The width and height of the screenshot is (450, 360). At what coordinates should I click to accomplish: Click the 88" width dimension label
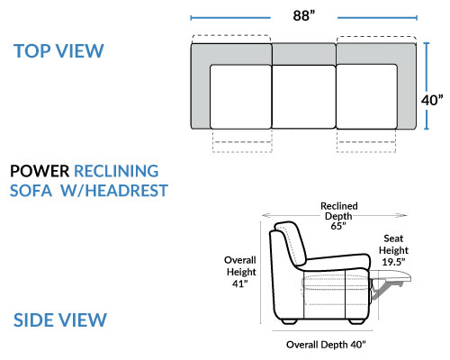click(x=304, y=15)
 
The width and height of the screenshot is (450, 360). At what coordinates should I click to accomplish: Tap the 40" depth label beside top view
click(x=432, y=100)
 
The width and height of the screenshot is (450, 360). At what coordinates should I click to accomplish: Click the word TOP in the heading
click(x=32, y=51)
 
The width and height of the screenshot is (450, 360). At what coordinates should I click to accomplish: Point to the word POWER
click(x=40, y=171)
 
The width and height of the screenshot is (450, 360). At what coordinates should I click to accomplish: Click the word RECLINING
click(x=116, y=171)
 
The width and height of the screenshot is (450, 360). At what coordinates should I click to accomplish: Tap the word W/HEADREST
click(x=114, y=191)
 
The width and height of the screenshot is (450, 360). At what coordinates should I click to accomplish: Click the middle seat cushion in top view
click(x=303, y=97)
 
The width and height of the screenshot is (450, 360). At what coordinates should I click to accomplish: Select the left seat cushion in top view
click(x=240, y=96)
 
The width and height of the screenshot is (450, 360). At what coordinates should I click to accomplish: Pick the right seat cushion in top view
click(x=367, y=96)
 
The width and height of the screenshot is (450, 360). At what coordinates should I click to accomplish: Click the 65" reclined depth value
click(x=338, y=226)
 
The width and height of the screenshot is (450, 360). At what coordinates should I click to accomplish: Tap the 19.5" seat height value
click(x=393, y=262)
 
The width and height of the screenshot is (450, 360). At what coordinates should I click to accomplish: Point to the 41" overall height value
click(x=240, y=283)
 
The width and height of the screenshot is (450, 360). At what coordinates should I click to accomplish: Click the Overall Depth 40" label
click(x=326, y=345)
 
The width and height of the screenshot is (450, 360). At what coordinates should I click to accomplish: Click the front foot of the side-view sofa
click(x=356, y=321)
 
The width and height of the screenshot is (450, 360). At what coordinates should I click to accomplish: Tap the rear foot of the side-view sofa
click(x=290, y=321)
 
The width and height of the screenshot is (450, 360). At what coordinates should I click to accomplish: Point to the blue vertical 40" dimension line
click(x=427, y=86)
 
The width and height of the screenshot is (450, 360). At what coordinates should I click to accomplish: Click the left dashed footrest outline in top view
click(x=242, y=140)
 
